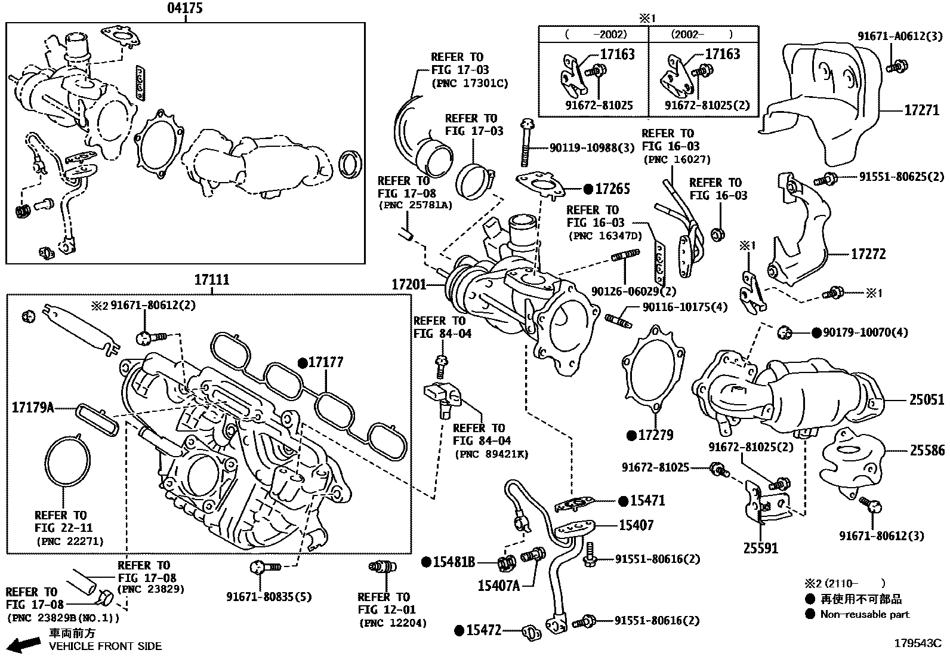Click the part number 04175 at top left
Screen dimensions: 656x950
coord(184,8)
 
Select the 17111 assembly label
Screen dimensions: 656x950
coord(212,280)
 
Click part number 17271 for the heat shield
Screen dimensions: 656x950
coord(922,110)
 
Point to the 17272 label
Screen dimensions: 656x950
coord(868,254)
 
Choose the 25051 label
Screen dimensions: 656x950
coord(927,400)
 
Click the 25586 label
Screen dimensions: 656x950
coord(927,451)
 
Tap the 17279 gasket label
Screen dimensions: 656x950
coord(655,435)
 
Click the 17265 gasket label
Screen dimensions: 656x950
coord(612,189)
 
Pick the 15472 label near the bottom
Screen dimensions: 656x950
coord(483,630)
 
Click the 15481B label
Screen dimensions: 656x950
coord(454,562)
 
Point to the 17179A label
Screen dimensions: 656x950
coord(33,408)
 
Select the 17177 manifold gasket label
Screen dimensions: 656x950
coord(326,362)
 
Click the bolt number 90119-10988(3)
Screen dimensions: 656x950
coord(583,147)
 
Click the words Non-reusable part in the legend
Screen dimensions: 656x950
coord(865,614)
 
